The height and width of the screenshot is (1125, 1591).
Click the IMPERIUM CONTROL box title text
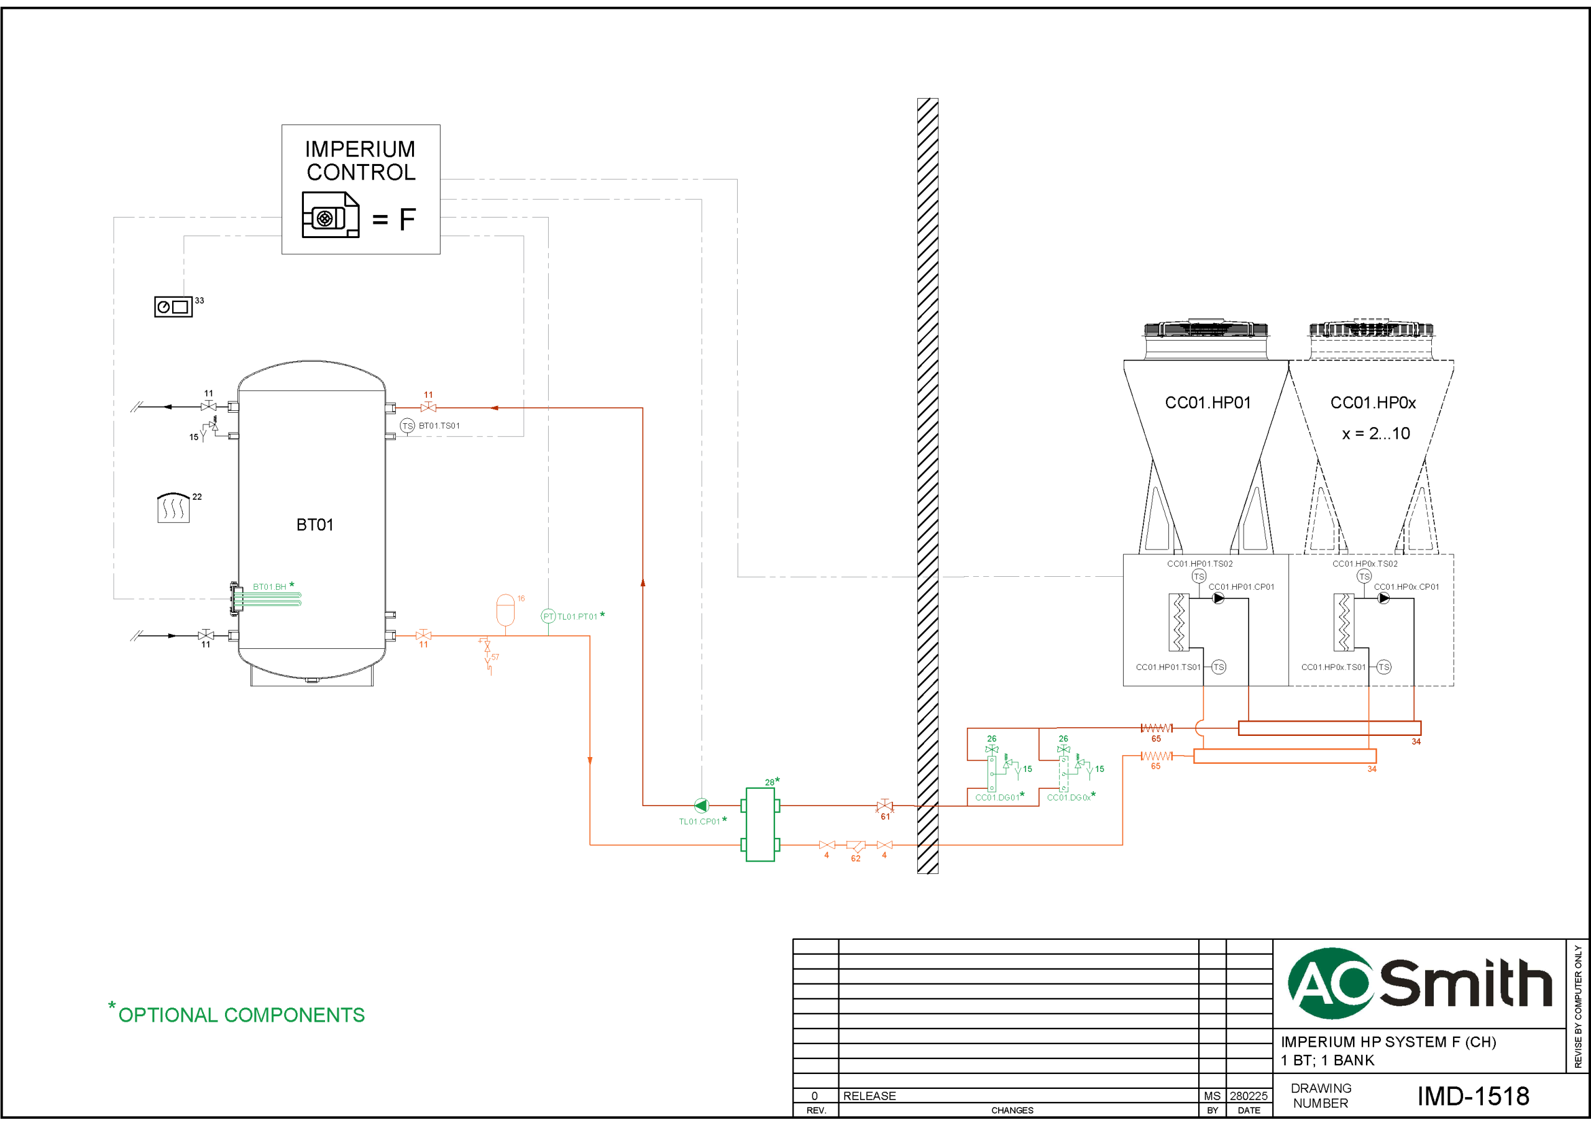360,160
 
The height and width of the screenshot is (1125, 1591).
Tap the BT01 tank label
314,525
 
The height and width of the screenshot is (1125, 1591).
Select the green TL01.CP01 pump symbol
701,806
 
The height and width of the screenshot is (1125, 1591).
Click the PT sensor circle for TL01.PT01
548,616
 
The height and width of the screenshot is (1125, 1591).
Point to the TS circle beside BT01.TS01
408,426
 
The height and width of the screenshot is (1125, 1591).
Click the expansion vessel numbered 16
506,610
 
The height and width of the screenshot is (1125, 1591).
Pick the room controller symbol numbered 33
173,306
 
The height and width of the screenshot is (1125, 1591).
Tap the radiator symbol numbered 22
173,508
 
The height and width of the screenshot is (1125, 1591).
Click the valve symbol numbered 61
884,806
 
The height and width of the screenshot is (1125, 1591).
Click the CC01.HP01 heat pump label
1208,403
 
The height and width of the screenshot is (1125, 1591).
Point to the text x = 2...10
1375,434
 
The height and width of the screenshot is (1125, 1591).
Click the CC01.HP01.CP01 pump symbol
1218,598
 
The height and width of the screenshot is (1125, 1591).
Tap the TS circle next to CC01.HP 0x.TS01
1384,667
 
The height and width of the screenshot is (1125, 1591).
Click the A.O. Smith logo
1419,983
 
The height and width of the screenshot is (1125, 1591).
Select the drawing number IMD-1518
1472,1096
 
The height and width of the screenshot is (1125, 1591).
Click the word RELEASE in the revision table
869,1096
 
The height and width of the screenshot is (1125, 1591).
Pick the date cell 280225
1249,1096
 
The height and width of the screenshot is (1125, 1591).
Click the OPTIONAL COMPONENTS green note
241,1015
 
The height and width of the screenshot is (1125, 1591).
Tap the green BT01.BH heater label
270,587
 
